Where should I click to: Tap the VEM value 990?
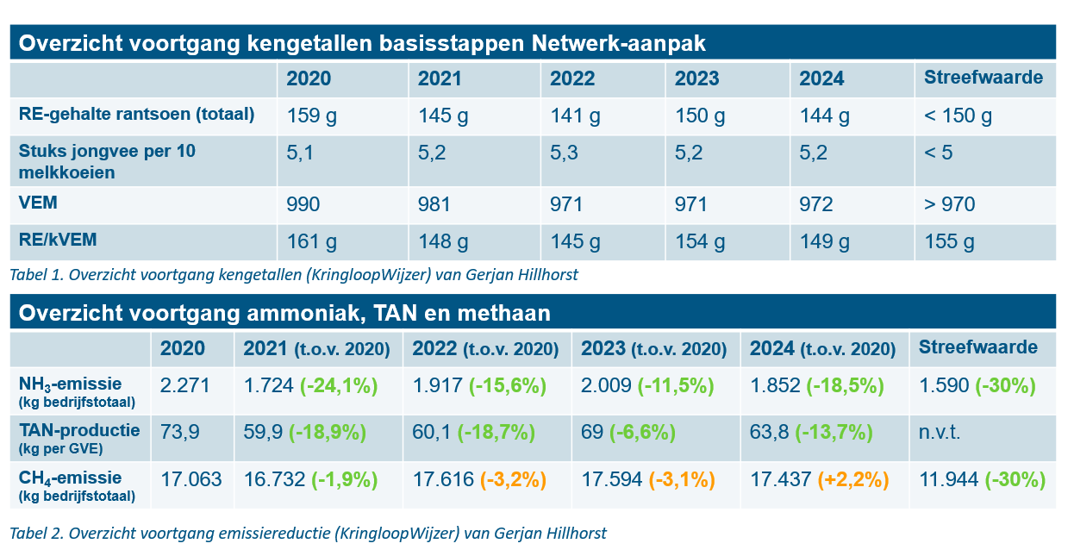303,205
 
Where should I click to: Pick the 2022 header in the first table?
572,79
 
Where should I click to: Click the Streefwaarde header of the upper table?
983,78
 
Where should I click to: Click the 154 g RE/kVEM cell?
701,242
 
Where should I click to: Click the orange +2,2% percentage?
852,480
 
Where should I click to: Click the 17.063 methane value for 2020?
190,480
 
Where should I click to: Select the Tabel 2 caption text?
308,534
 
